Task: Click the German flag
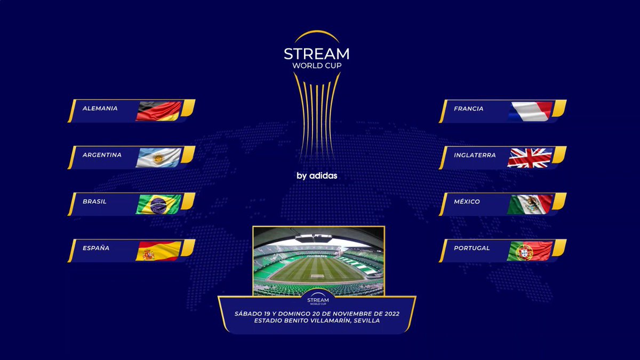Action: point(159,111)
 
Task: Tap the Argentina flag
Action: point(159,157)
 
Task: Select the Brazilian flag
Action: point(159,204)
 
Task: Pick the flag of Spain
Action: point(159,251)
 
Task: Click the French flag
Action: point(530,111)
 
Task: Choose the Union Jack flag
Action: point(530,157)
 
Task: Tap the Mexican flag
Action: point(530,204)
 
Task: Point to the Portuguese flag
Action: point(530,251)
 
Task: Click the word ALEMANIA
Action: point(100,108)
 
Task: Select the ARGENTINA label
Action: point(102,155)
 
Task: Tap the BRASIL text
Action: point(94,202)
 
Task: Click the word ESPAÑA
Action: point(96,248)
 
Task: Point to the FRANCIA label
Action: point(468,109)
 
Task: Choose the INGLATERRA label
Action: point(475,155)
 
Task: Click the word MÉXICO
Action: point(467,202)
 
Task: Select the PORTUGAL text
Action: point(471,248)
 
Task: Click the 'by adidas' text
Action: point(317,175)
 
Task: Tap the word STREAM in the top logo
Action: point(317,54)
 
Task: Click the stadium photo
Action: point(318,260)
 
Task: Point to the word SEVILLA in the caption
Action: point(364,321)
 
